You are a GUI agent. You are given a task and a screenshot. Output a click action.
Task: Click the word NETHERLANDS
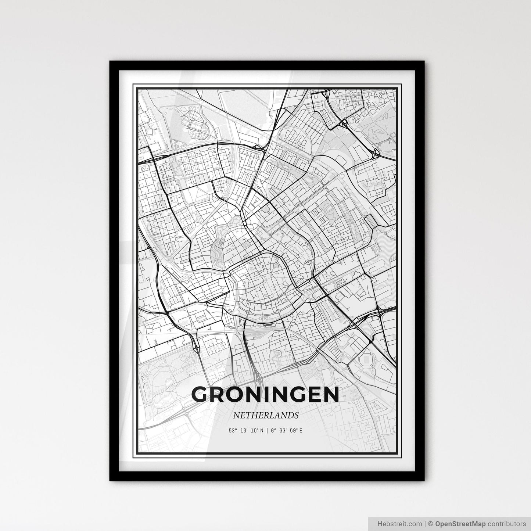coord(265,415)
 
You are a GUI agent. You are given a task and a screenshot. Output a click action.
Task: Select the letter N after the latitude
coord(261,430)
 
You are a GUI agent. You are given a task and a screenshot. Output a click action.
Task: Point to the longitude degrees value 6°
coord(272,430)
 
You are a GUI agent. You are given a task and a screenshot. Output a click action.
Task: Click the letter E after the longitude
coord(301,430)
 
